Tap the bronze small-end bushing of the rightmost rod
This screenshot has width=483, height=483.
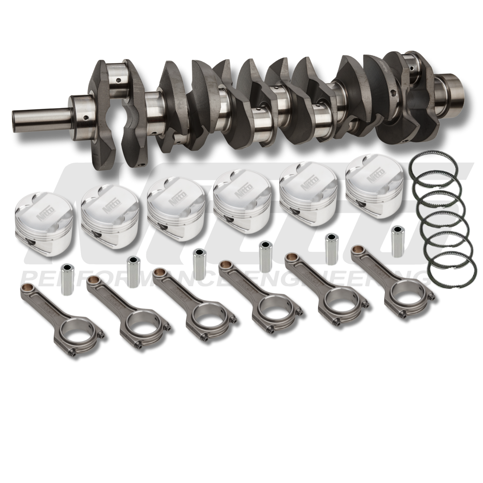pos(357,250)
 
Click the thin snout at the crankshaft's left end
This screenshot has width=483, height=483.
pos(40,117)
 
